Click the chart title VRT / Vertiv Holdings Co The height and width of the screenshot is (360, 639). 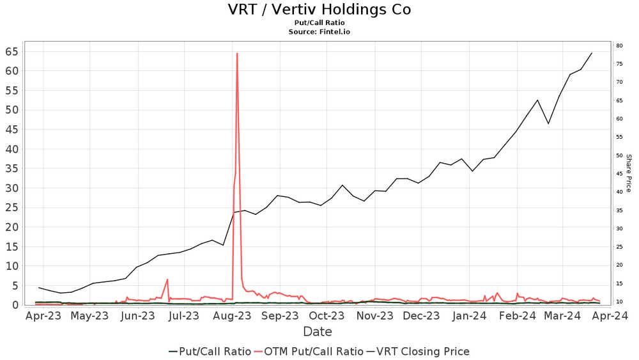[319, 10]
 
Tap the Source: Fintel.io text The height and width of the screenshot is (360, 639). [319, 31]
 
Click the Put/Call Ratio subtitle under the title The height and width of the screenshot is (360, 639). [319, 22]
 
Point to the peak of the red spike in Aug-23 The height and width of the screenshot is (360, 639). [237, 53]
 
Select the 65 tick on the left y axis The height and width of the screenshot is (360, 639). [12, 51]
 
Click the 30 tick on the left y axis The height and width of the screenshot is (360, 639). [12, 188]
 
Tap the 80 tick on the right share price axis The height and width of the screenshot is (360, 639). [619, 45]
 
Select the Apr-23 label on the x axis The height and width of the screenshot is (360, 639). [43, 315]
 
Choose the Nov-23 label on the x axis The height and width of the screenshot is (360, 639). [374, 315]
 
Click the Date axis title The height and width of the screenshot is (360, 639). [318, 332]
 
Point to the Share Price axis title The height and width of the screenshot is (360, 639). [628, 173]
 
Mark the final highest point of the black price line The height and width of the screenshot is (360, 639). [592, 53]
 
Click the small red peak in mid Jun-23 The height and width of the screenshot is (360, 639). [167, 279]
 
